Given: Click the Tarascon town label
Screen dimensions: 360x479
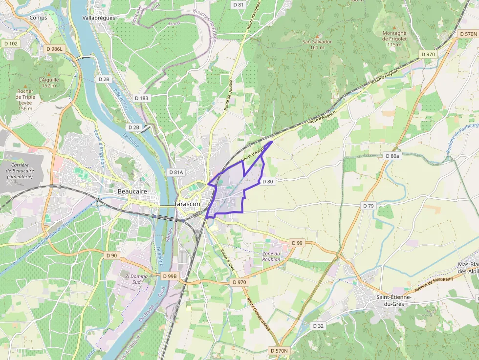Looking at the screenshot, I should (187, 204).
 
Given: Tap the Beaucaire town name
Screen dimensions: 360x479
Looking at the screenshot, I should (132, 191).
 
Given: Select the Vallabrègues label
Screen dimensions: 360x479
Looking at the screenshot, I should (99, 18).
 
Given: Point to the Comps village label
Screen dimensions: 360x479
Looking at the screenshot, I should (38, 18).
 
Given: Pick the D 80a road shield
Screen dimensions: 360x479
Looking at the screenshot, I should (392, 156).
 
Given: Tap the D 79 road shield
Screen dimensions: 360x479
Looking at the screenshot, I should (368, 206).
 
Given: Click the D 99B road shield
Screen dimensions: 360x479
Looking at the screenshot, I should (169, 276).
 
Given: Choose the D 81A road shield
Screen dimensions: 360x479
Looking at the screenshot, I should (175, 172).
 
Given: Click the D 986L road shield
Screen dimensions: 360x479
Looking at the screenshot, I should (54, 49).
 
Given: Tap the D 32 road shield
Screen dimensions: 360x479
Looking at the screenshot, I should (318, 326).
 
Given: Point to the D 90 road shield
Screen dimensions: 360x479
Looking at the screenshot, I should (111, 255).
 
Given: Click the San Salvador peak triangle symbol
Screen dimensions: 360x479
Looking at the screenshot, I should (317, 36).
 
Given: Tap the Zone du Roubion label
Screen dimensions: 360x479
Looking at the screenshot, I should (271, 256).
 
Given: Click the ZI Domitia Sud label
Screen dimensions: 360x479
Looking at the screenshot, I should (133, 279).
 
